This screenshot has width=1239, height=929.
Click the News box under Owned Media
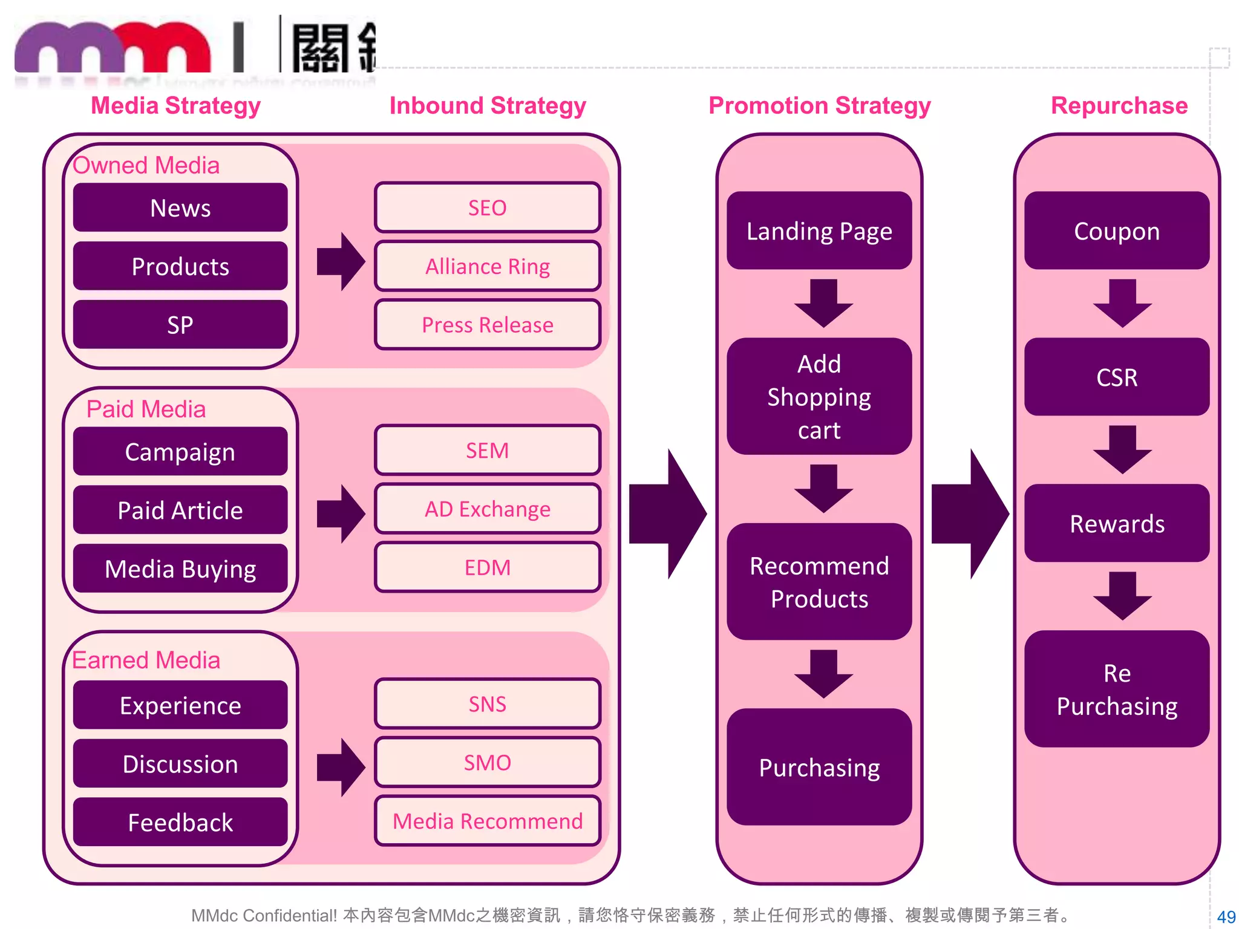pos(180,207)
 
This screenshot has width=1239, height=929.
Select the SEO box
pos(487,207)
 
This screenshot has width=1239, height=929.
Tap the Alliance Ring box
pos(487,266)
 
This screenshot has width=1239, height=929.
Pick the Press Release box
pos(487,325)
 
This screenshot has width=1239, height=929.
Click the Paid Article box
pos(180,510)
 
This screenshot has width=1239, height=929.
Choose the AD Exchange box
pos(487,509)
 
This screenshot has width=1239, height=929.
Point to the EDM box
pos(487,567)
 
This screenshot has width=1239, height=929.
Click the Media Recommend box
pos(487,821)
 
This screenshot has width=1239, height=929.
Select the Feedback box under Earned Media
pos(180,822)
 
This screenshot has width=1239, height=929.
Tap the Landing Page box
pos(819,231)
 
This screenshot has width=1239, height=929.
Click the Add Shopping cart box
pos(819,396)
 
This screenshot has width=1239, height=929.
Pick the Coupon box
pos(1116,231)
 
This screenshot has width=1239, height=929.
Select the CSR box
pos(1116,377)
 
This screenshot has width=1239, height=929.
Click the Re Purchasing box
pos(1116,689)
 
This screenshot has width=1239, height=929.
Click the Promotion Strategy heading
pos(819,105)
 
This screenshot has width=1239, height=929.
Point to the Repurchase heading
pos(1119,105)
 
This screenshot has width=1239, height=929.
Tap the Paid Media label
pos(146,409)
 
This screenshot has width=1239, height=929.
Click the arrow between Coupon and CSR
pos(1122,303)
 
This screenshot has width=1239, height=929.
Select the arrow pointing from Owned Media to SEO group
pos(341,261)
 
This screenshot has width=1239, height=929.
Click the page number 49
pos(1226,917)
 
